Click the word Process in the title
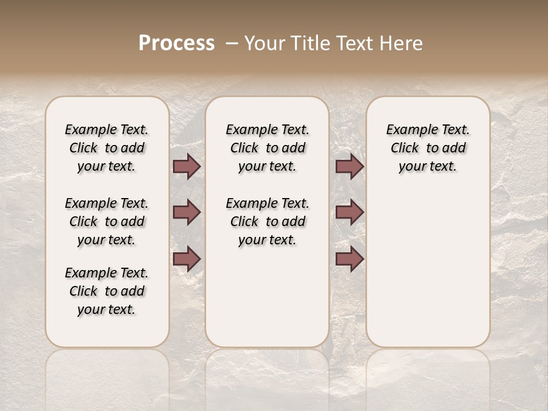click(x=176, y=43)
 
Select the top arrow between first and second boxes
click(x=187, y=167)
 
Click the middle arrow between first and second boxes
click(x=187, y=213)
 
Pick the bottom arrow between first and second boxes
click(x=187, y=259)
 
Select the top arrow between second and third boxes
click(x=349, y=167)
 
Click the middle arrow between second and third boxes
click(x=349, y=213)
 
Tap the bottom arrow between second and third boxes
click(x=349, y=259)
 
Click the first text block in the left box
click(x=107, y=148)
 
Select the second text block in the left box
click(x=107, y=221)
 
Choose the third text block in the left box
click(x=107, y=291)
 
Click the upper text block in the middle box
click(x=267, y=148)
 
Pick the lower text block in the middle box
click(x=267, y=221)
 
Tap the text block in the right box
click(x=428, y=148)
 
